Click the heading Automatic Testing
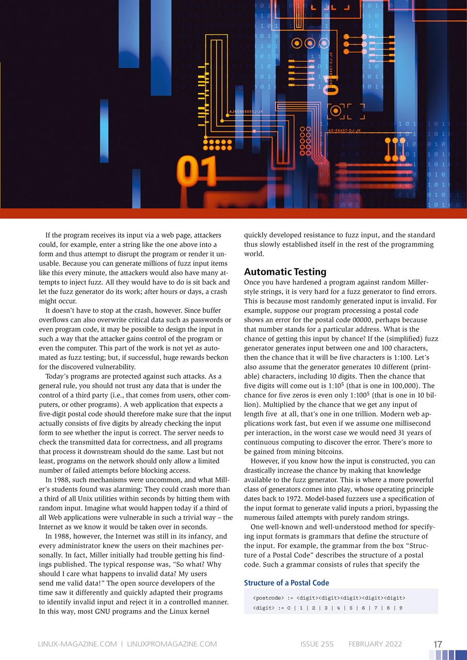click(285, 271)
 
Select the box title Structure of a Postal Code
click(286, 583)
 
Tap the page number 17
click(438, 644)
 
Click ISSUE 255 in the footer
click(317, 644)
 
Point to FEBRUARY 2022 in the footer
click(375, 644)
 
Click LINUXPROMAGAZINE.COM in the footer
click(171, 644)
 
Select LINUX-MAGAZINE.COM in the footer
click(78, 644)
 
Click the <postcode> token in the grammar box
click(267, 598)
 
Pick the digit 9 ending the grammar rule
click(400, 608)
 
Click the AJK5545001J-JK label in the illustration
click(246, 111)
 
